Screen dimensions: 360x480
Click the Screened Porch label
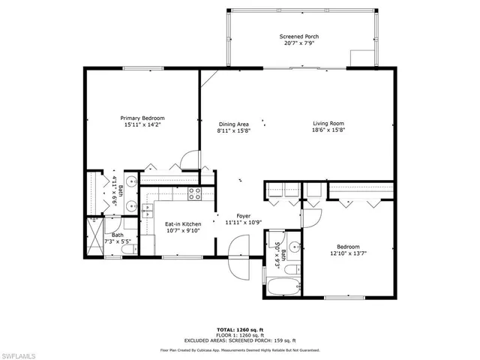coord(301,37)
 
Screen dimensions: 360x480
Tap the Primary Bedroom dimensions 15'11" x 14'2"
coord(142,125)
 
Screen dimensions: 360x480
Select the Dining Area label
coord(233,124)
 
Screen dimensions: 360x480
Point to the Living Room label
coord(328,124)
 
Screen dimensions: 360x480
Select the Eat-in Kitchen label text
coord(182,223)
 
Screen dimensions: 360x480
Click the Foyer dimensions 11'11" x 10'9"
coord(244,222)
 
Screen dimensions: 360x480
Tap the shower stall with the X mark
coord(94,237)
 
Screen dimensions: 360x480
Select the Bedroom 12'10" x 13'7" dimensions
coord(348,253)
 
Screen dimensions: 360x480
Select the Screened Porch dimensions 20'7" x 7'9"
coord(301,43)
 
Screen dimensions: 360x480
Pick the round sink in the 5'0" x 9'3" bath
coord(295,247)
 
